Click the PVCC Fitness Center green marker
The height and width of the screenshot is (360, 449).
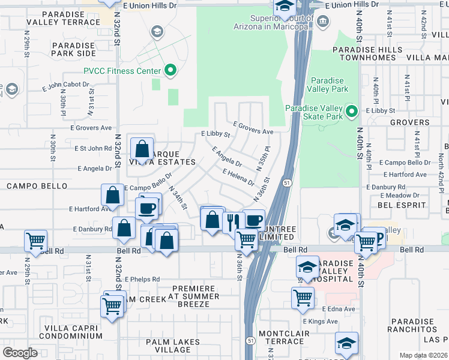[x=170, y=71]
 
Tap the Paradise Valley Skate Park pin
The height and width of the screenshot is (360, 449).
[x=352, y=112]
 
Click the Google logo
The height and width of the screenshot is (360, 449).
[x=20, y=353]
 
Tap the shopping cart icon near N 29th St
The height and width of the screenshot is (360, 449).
[x=36, y=241]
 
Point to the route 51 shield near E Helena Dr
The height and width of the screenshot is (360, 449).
[x=288, y=182]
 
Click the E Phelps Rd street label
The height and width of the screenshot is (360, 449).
[x=142, y=279]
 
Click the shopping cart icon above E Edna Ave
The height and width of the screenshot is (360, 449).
[x=303, y=296]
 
